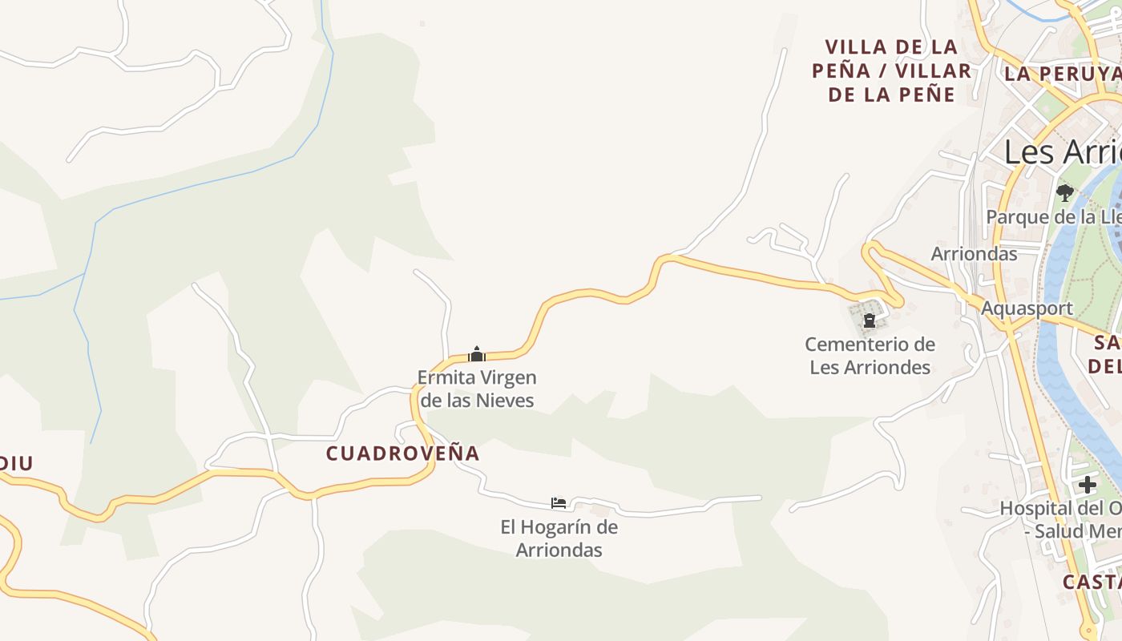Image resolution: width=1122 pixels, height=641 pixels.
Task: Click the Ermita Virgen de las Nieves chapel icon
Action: click(x=477, y=354)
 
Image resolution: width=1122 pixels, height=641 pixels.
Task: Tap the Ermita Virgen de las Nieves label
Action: click(x=477, y=389)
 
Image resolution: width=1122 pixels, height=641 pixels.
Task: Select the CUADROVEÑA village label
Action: click(x=402, y=454)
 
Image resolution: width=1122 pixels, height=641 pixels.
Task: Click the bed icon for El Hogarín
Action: click(x=559, y=503)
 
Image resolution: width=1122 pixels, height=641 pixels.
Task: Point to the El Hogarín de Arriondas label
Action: click(x=559, y=538)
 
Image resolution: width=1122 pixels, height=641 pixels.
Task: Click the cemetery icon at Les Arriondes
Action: click(x=869, y=321)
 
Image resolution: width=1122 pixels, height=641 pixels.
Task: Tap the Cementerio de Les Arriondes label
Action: click(x=870, y=356)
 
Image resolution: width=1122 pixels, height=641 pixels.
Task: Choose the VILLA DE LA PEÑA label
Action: click(x=891, y=71)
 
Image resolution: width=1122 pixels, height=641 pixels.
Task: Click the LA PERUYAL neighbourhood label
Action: click(x=1062, y=74)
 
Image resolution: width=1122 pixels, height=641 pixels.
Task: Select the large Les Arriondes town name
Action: click(x=1062, y=151)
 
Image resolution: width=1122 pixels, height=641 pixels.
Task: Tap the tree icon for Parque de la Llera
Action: click(x=1064, y=192)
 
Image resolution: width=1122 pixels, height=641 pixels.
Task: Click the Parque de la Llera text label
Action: click(x=1053, y=217)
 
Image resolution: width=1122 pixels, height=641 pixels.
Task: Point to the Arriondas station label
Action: click(x=974, y=254)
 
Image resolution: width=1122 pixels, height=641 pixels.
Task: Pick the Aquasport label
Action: click(x=1027, y=308)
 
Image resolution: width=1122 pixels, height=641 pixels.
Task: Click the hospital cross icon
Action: click(x=1087, y=484)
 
